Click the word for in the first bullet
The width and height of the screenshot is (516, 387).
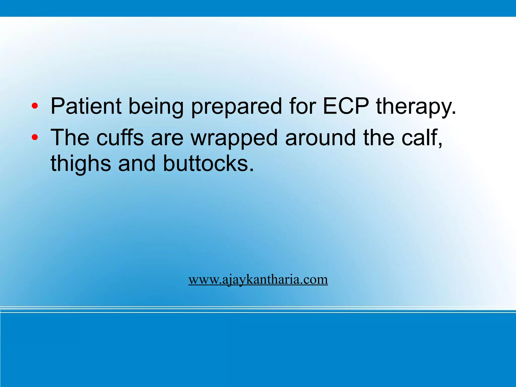tap(302, 106)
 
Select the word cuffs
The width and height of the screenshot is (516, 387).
tap(120, 138)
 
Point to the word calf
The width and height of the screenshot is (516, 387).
tap(421, 138)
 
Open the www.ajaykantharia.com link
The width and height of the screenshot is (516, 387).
tap(258, 280)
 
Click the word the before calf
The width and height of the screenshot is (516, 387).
tap(379, 138)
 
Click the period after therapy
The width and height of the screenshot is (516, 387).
tap(454, 113)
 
